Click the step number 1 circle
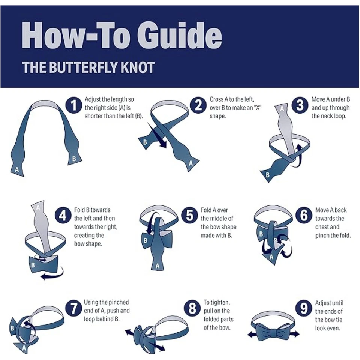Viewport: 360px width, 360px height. tap(74, 105)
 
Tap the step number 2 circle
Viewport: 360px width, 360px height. tap(198, 105)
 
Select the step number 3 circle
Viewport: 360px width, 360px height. tap(300, 105)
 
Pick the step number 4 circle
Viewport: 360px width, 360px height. tap(63, 216)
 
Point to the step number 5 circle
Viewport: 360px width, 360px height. tap(190, 216)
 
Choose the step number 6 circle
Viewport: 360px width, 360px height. tap(304, 216)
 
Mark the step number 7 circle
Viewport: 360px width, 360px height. tap(73, 308)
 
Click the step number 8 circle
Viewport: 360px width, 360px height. tap(192, 308)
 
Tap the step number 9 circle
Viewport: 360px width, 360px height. tap(304, 308)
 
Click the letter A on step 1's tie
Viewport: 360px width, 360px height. tap(17, 169)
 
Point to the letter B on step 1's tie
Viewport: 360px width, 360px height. tap(74, 159)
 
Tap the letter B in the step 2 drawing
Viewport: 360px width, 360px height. tap(145, 142)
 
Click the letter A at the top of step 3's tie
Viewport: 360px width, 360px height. tap(282, 109)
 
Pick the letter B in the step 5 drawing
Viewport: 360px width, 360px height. tap(145, 240)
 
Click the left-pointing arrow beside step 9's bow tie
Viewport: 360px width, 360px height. tap(252, 334)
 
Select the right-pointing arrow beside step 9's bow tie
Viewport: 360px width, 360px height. tap(295, 334)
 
